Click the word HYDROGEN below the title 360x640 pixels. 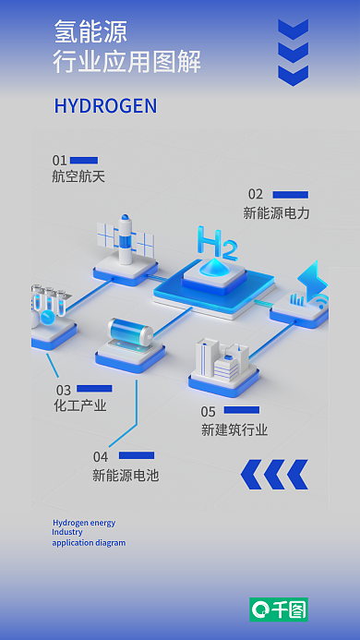click(x=105, y=106)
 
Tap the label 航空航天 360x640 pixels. click(x=78, y=175)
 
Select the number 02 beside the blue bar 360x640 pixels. click(x=255, y=194)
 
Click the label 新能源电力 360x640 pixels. click(x=276, y=212)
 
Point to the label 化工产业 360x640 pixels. click(x=80, y=405)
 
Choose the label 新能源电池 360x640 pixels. click(x=126, y=476)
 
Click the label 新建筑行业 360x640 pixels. click(x=234, y=429)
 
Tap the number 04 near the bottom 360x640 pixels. click(x=100, y=456)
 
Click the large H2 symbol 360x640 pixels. click(x=217, y=246)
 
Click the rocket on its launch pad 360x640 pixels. click(x=122, y=236)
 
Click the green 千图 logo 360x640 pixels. click(x=279, y=610)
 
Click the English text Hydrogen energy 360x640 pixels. click(x=84, y=523)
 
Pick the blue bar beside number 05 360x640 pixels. click(x=242, y=410)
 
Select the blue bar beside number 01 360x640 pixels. click(x=84, y=160)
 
